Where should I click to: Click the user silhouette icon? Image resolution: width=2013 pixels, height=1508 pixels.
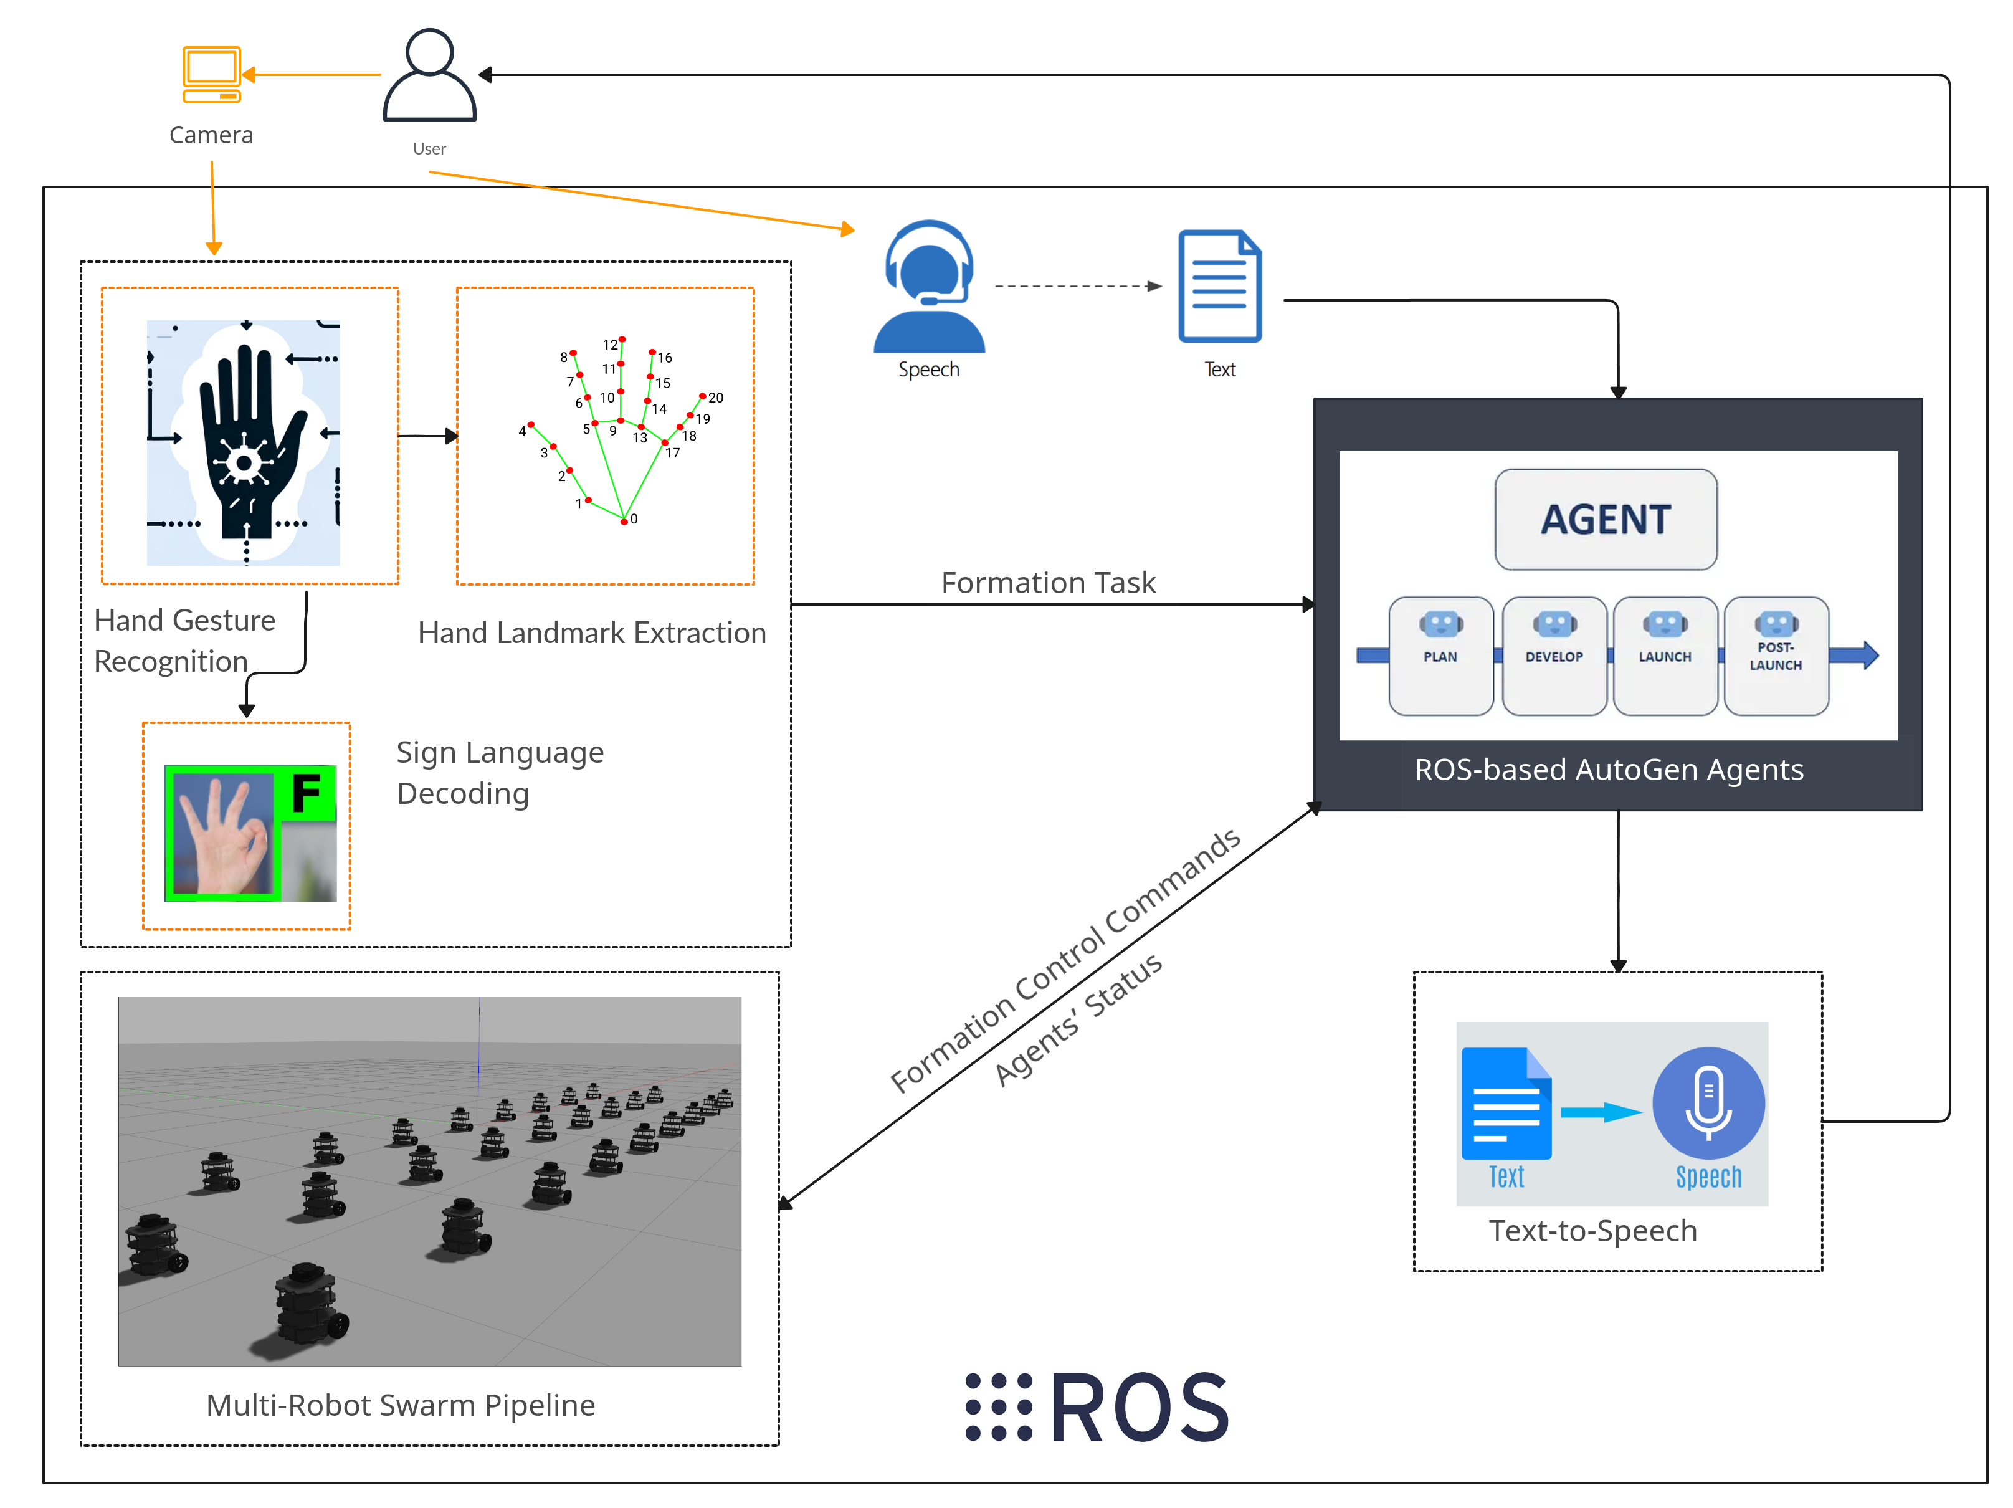429,75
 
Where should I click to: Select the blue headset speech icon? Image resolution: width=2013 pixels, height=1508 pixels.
929,287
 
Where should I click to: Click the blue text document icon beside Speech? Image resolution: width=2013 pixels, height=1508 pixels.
1219,287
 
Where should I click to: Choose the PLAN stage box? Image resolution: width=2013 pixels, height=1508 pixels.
1440,656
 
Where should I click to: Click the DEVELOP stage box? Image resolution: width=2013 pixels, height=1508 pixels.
1554,656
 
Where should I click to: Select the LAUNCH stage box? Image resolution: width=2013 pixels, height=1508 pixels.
1665,656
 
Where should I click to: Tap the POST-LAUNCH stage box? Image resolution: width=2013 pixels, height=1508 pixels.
1776,656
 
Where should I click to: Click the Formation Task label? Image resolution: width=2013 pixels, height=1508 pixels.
1049,583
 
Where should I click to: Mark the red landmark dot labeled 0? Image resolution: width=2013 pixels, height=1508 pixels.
624,520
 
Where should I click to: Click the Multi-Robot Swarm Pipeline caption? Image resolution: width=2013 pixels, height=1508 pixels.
401,1405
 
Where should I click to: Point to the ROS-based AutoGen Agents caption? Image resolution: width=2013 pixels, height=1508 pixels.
1608,770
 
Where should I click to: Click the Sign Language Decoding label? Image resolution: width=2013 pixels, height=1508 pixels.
500,773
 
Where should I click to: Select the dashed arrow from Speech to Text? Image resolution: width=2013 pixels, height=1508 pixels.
1078,286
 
